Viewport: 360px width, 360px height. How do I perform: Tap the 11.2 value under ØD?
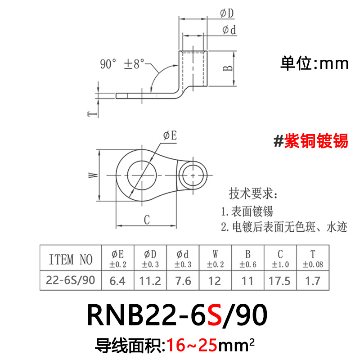coord(151,281)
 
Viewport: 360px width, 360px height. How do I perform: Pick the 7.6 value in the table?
coord(182,281)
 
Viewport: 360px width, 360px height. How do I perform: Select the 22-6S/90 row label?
coord(70,280)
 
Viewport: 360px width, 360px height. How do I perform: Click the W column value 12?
coord(215,281)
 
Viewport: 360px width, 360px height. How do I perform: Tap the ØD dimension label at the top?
coord(227,14)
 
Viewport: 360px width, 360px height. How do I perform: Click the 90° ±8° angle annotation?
coord(122,64)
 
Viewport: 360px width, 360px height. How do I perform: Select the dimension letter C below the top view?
coord(146,220)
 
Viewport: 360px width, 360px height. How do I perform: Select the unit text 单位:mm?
coord(315,63)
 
